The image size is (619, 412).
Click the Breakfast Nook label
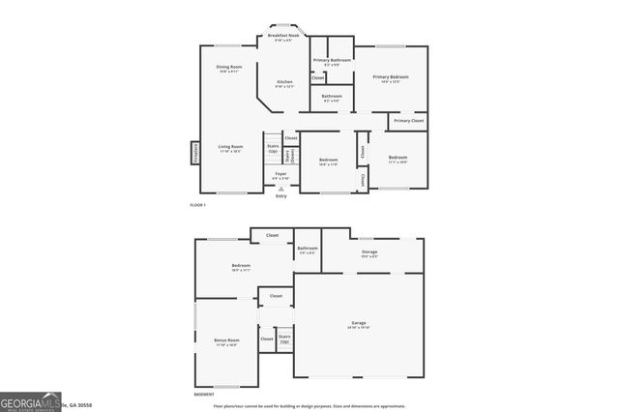tap(283, 37)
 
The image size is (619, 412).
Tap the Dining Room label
tap(229, 69)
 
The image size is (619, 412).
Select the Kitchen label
tap(284, 83)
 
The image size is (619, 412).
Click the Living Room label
tap(230, 149)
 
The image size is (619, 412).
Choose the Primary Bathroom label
tap(332, 62)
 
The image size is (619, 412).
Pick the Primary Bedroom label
tap(390, 78)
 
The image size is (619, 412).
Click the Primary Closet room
tap(408, 121)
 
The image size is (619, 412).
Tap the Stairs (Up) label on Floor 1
tap(273, 149)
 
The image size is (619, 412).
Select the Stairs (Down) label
tap(289, 155)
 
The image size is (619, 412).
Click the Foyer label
tap(280, 176)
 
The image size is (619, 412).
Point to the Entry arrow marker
tap(281, 190)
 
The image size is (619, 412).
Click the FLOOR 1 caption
tap(198, 206)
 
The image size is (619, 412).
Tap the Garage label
tap(359, 324)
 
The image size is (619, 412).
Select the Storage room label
tap(369, 254)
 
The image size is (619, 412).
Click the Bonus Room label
tap(225, 342)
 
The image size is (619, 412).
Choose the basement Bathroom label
tap(308, 250)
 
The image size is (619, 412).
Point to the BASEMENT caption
tap(204, 395)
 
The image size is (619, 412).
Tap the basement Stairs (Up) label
tap(284, 338)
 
